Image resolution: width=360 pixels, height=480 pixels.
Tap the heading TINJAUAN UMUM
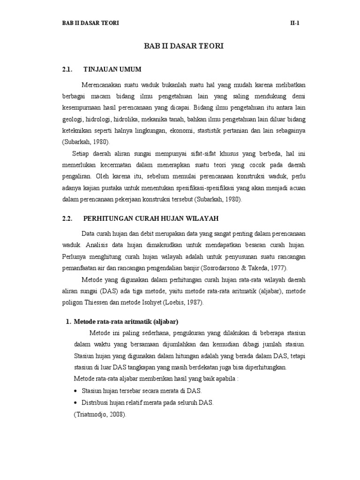click(112, 70)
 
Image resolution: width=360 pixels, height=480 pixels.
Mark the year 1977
click(277, 268)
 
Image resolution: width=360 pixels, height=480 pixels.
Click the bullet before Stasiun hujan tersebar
click(76, 390)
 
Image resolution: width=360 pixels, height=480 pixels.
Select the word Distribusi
click(97, 403)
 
